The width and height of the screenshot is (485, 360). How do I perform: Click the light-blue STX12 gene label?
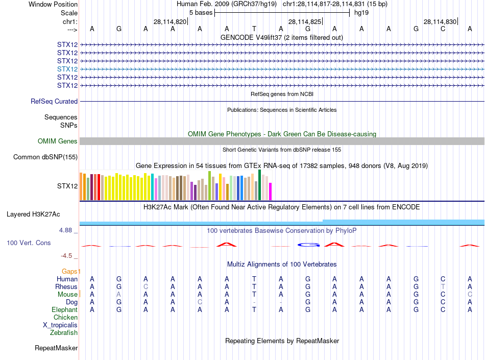click(67, 69)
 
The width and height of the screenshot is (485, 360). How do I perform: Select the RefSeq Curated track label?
click(54, 102)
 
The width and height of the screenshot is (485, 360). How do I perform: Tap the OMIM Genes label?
click(58, 141)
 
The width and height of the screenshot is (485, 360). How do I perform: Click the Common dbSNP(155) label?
click(45, 157)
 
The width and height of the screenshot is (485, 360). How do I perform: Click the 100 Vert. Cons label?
click(29, 243)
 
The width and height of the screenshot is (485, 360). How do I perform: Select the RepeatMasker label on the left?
click(56, 348)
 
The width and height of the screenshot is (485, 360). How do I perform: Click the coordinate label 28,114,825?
click(305, 22)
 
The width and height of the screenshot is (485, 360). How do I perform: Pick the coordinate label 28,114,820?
click(170, 22)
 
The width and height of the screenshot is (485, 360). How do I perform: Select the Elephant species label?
click(64, 310)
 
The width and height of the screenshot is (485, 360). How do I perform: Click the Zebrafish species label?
click(64, 333)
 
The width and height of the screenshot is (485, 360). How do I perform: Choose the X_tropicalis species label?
click(60, 325)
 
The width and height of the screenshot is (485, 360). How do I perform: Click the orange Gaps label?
click(71, 271)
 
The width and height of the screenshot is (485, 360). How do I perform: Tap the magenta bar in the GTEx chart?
click(270, 191)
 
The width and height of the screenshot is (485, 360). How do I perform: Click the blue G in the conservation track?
click(307, 245)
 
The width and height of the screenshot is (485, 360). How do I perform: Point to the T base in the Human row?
click(254, 279)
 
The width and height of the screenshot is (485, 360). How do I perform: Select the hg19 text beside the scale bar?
click(361, 12)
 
